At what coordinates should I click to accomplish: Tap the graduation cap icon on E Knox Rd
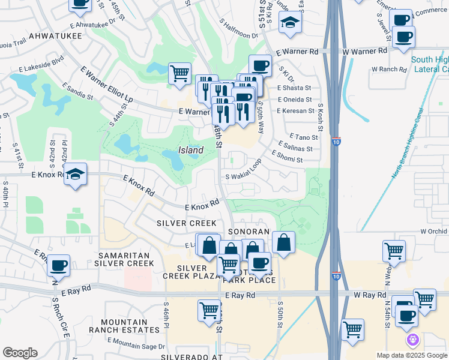point(75,174)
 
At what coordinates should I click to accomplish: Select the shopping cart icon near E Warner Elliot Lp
point(179,74)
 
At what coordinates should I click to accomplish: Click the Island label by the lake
point(190,150)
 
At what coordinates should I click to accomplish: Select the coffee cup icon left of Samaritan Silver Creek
point(58,265)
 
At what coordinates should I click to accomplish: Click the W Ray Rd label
point(369,295)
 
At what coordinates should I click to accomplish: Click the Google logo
point(19,352)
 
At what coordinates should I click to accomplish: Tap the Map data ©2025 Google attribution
point(412,355)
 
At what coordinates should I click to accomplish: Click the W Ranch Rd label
point(389,69)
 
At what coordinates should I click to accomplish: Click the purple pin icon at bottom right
point(412,341)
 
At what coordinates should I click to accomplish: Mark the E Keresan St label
point(295,111)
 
